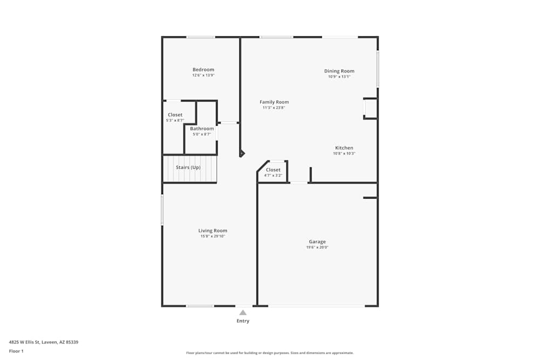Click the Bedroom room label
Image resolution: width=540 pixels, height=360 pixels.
point(203,70)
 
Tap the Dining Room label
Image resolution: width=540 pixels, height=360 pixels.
point(339,71)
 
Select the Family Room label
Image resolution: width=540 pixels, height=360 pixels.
point(274,102)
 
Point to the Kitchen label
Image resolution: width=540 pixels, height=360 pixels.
point(344,148)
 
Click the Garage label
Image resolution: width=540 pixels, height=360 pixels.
point(317,242)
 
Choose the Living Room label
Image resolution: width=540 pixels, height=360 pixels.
point(212,231)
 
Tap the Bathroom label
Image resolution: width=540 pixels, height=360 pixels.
point(202,128)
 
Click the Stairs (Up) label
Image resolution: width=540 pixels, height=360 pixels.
point(188,168)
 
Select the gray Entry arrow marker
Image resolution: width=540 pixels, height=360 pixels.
point(243,313)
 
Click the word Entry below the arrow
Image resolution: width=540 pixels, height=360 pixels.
point(243,321)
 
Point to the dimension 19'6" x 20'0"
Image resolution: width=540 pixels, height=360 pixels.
point(317,247)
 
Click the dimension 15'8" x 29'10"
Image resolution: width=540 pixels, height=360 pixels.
point(212,236)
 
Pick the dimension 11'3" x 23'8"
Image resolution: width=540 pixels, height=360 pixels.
point(274,108)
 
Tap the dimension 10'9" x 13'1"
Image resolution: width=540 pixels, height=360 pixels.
point(339,77)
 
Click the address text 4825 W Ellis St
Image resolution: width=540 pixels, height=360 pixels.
point(25,342)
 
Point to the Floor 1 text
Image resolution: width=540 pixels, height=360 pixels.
point(16,351)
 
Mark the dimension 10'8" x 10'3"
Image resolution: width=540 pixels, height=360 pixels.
point(344,153)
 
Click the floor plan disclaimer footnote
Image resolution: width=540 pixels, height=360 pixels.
point(269,353)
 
